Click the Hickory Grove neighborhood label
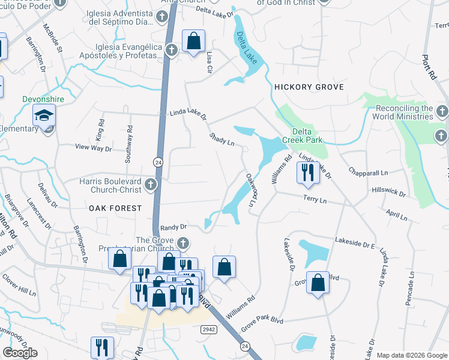(x=309, y=87)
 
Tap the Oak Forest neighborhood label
(x=115, y=208)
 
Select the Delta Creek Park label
(x=307, y=136)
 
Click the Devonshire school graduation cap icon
(x=44, y=115)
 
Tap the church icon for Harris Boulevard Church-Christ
(x=151, y=185)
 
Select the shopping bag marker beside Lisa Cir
(x=194, y=42)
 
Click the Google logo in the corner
(x=20, y=353)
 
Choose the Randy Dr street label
(x=175, y=227)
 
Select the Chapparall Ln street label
(x=372, y=173)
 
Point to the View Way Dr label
(x=93, y=147)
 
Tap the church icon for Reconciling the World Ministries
(x=441, y=112)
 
